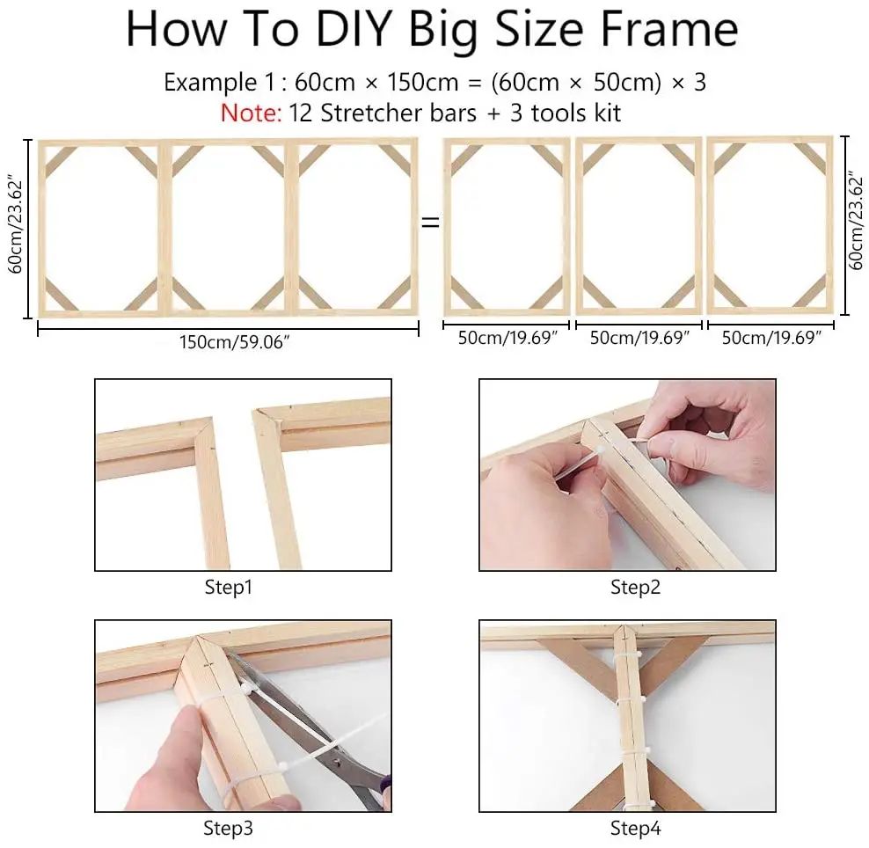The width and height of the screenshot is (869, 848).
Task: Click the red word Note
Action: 252,113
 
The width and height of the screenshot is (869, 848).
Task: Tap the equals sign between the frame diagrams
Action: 431,223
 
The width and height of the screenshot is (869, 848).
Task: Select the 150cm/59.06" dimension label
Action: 235,342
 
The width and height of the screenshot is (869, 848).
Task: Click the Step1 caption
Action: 229,587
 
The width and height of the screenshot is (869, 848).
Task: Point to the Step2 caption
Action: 635,587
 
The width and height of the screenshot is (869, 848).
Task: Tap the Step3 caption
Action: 228,828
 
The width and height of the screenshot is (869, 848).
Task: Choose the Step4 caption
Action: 635,828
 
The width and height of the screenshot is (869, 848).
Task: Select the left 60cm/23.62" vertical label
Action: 16,226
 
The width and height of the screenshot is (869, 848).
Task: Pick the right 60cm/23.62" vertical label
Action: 856,223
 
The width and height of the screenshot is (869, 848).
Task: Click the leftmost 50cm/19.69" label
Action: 508,338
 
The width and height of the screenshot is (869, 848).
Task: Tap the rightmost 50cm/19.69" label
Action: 770,338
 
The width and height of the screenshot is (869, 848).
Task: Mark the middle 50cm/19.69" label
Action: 639,338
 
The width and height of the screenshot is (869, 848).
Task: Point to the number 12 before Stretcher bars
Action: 301,113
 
